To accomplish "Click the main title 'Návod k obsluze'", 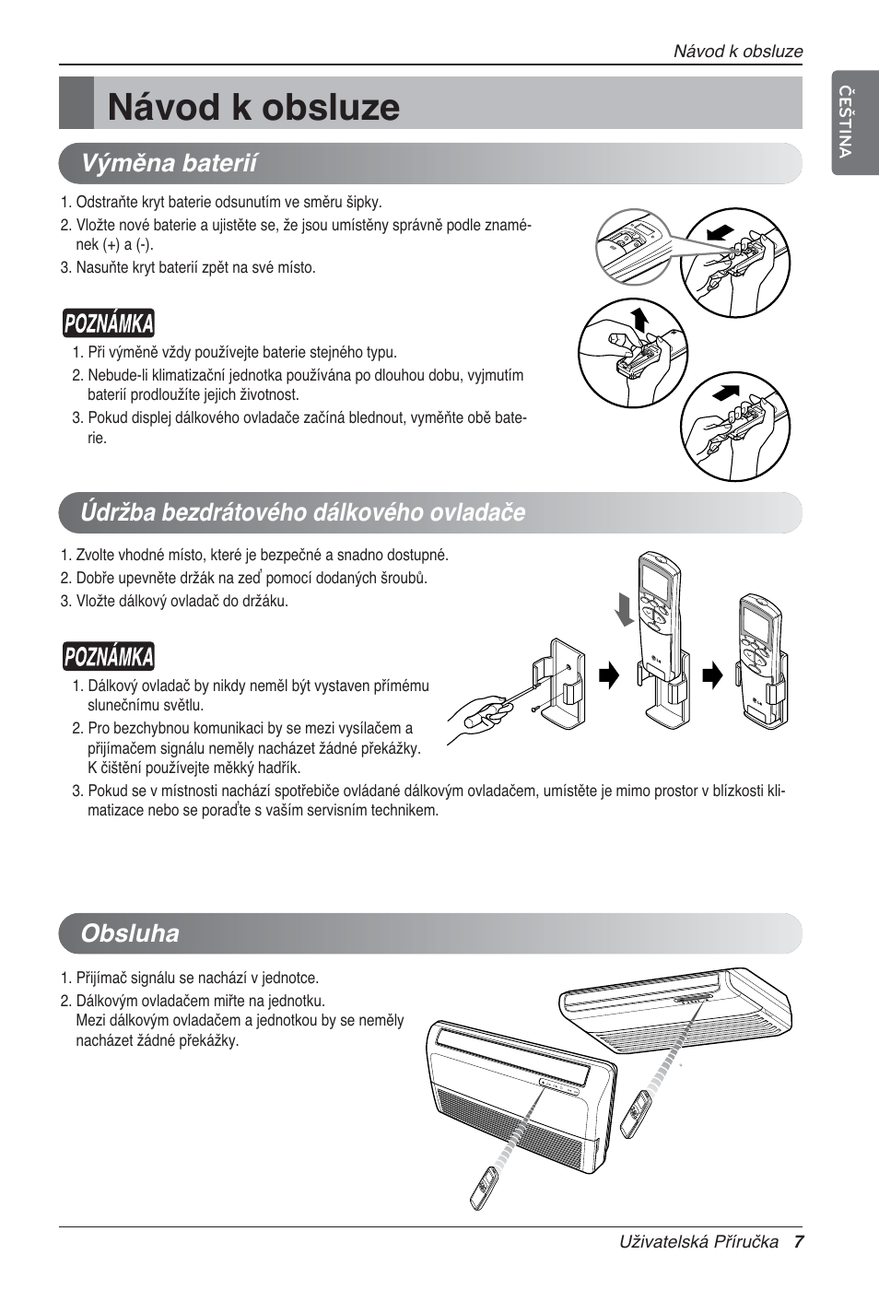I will [x=253, y=107].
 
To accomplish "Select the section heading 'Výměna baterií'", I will [x=169, y=163].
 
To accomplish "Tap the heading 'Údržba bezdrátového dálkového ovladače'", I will [x=302, y=512].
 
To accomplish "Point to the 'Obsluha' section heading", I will [x=130, y=932].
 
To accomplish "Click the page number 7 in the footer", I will [x=799, y=1242].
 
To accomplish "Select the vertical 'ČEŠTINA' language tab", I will [x=845, y=121].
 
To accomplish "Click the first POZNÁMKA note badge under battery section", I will [x=109, y=323].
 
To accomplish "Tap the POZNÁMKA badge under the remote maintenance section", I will [x=109, y=656].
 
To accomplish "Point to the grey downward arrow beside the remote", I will [x=627, y=610].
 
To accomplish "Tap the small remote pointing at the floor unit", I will [x=486, y=1189].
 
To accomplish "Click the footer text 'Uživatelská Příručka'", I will [x=698, y=1242].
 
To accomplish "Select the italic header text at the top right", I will [x=737, y=52].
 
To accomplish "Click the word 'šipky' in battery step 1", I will [x=364, y=202].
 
